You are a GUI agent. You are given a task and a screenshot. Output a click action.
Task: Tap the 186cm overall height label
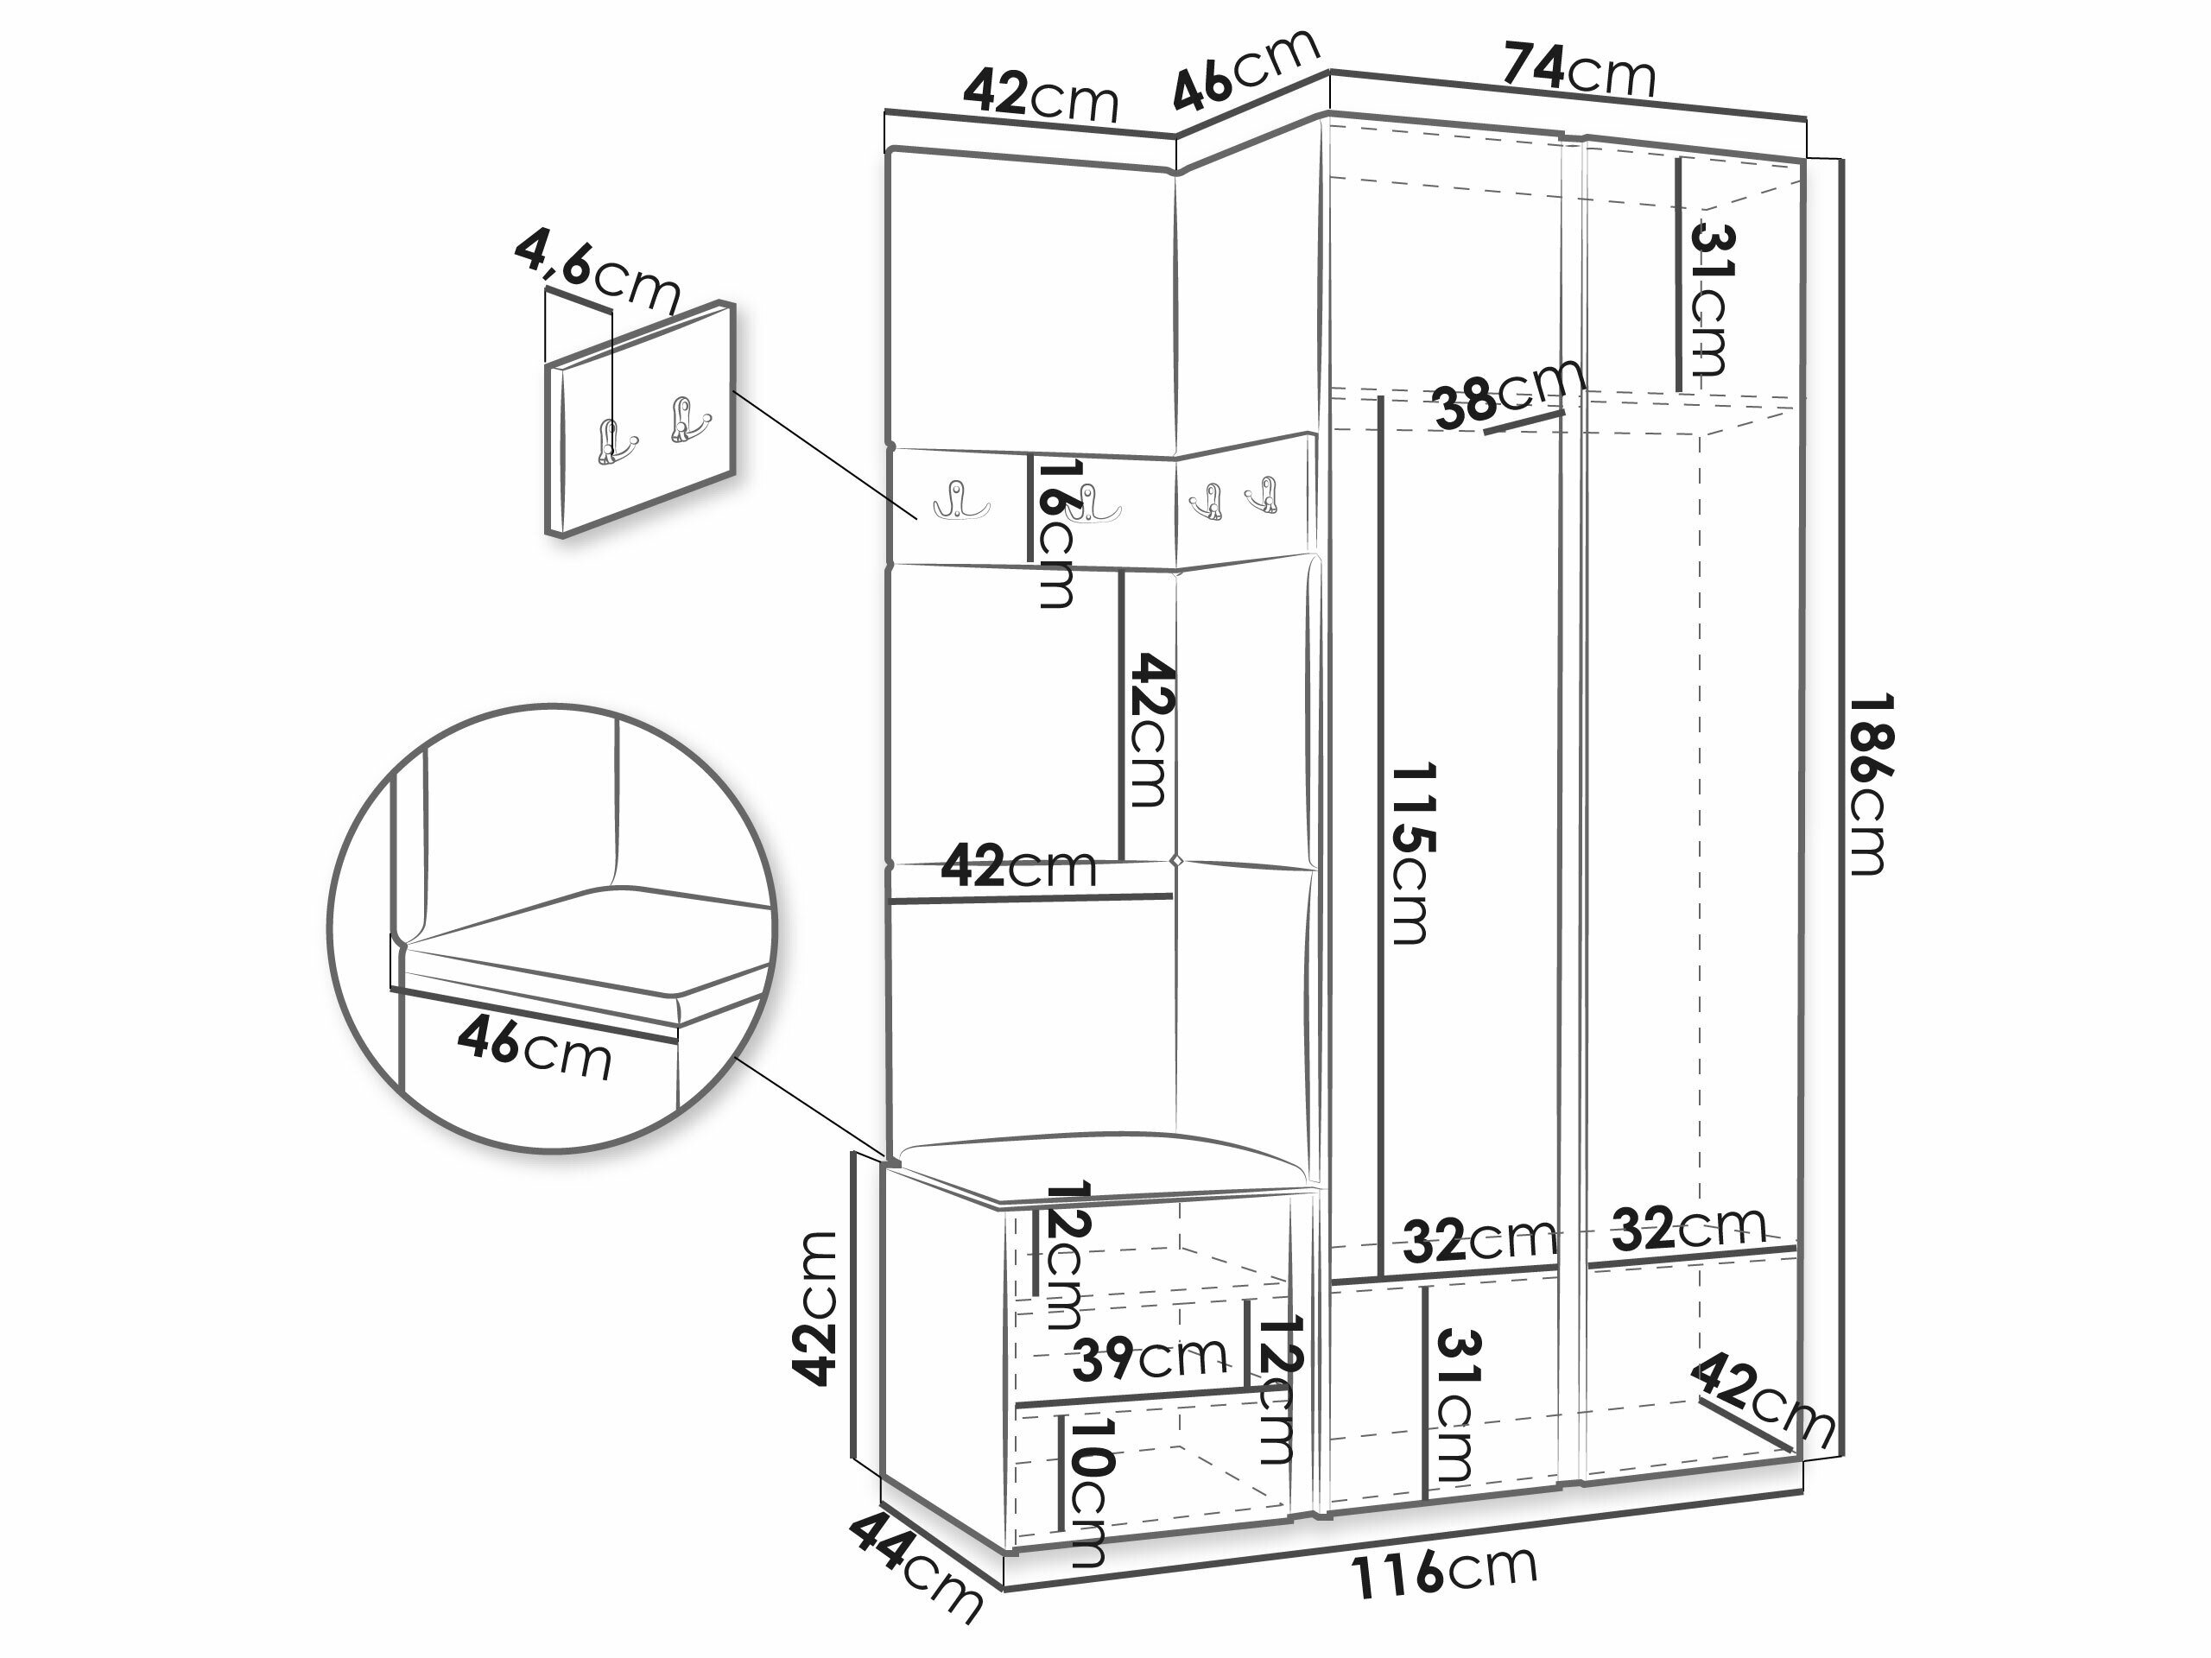1866,784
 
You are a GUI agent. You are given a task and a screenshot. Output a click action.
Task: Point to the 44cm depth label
915,1575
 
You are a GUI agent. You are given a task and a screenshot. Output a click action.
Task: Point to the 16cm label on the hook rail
1055,533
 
